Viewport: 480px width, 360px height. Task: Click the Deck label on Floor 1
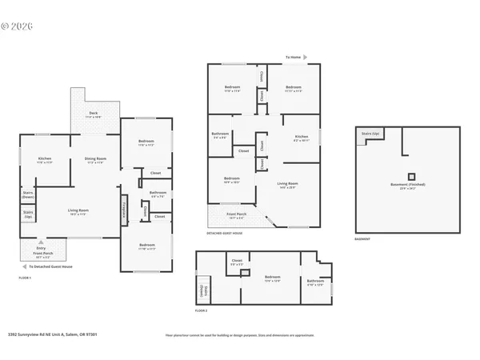pos(94,114)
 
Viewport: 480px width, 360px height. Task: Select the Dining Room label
pos(96,161)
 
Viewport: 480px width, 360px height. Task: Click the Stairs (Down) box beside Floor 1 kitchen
pos(28,195)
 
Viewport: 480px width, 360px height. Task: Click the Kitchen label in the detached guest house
pos(301,138)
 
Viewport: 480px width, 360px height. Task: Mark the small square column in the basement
pos(411,175)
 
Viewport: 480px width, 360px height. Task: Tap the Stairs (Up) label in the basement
pos(370,134)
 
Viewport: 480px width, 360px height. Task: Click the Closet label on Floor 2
pos(237,262)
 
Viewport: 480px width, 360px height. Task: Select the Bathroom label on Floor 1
pos(158,194)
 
